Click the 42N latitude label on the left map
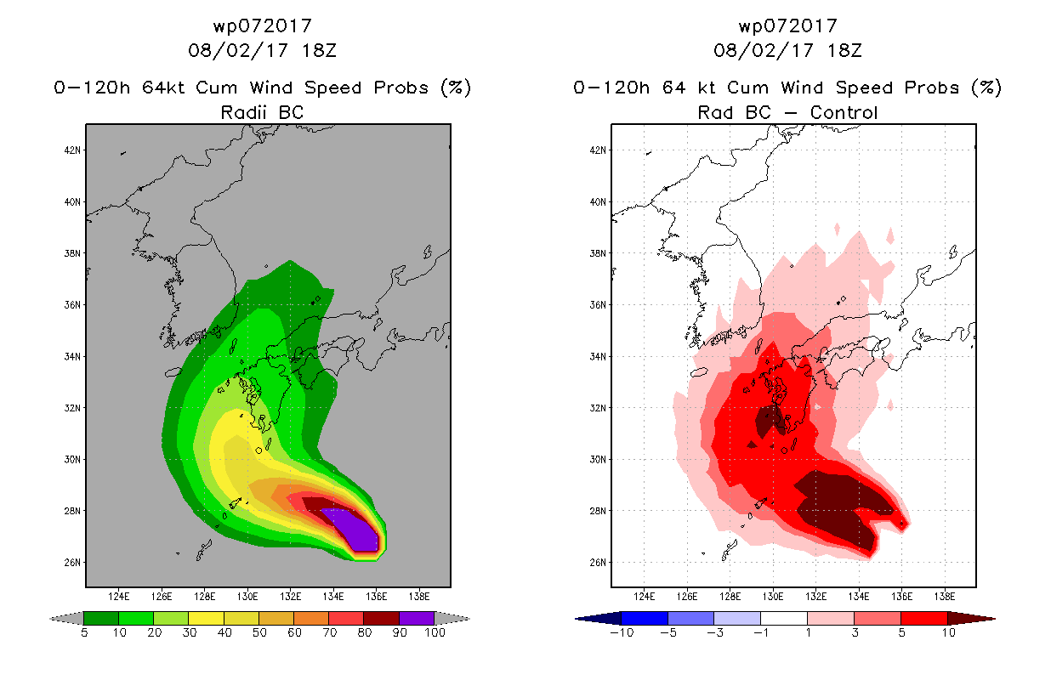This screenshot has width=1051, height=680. [x=72, y=150]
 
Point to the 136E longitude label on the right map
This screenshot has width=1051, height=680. [x=901, y=597]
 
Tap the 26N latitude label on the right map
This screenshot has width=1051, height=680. [x=598, y=562]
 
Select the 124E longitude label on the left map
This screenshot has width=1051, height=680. [x=119, y=597]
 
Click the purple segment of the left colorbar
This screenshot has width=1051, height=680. [x=416, y=618]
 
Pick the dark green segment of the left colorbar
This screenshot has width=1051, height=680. [x=101, y=618]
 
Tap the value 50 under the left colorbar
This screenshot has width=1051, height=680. [x=259, y=632]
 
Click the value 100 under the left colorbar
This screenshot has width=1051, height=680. [x=435, y=632]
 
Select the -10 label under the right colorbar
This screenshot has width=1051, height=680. [x=622, y=632]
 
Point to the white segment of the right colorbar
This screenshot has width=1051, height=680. [x=783, y=618]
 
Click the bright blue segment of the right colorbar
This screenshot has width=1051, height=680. [x=645, y=618]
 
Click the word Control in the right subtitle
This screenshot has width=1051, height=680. [x=844, y=112]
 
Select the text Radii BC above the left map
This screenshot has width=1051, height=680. [x=262, y=112]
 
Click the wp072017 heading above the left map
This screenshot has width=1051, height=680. [x=262, y=25]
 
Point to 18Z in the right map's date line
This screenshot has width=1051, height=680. [x=844, y=50]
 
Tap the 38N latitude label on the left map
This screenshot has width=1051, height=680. [x=72, y=253]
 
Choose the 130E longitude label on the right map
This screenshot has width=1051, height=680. [x=773, y=597]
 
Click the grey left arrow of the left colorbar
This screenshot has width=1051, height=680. [x=66, y=619]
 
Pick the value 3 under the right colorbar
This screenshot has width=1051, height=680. [x=855, y=632]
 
